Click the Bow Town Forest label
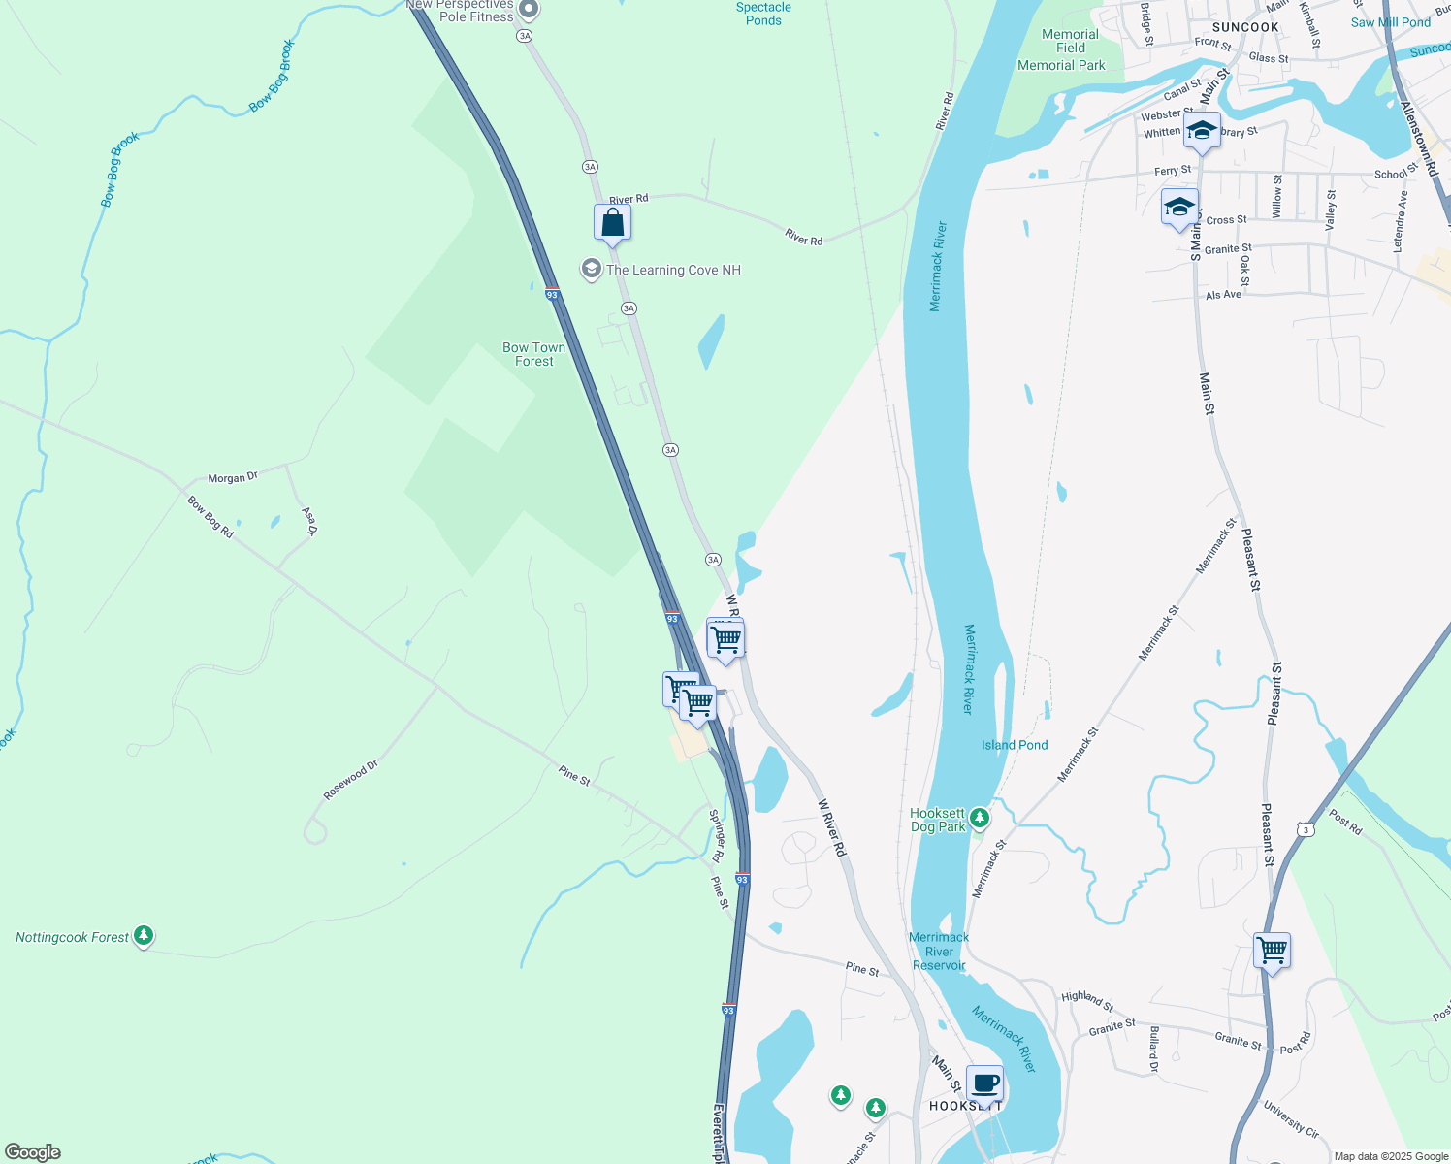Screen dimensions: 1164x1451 pos(533,354)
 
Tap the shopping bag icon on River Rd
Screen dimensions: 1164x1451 pos(612,222)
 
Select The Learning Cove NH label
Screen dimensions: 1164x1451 pos(673,270)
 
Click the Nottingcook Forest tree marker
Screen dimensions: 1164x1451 pos(144,936)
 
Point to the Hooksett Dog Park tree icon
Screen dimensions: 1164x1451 pos(980,818)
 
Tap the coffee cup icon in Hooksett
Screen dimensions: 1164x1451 pos(984,1083)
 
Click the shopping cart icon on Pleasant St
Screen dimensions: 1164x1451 pos(1271,950)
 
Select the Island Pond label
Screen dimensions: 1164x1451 pos(1015,745)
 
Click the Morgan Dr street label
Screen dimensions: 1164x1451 pos(233,478)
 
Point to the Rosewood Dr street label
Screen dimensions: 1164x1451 pos(350,781)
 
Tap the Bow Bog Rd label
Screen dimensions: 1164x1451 pos(210,517)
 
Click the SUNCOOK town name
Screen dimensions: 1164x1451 pos(1245,27)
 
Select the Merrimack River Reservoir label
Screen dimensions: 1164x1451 pos(939,951)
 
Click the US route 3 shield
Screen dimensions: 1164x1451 pos(1306,829)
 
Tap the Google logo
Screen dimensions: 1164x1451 pos(33,1152)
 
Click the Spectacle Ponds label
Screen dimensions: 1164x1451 pos(763,14)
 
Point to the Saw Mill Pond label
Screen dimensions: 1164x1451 pos(1390,22)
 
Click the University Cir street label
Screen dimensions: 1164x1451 pos(1291,1119)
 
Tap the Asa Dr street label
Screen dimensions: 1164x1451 pos(309,521)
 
